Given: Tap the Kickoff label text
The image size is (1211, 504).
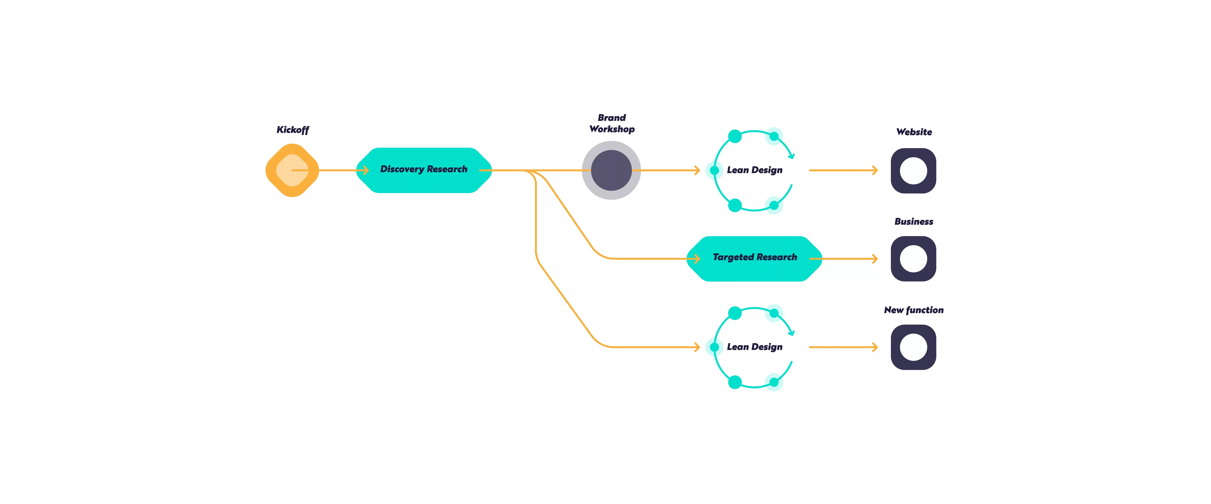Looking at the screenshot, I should pos(292,130).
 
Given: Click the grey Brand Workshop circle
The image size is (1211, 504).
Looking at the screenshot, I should pos(611,170).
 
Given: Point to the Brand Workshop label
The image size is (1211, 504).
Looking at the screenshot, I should pos(612,123).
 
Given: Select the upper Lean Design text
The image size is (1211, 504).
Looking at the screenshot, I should pos(755,170).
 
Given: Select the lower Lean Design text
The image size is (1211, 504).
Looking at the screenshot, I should pos(755,347).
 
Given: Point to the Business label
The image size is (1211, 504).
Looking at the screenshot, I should pos(914,221).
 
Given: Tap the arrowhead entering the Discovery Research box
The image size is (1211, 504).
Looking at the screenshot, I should pos(366,170).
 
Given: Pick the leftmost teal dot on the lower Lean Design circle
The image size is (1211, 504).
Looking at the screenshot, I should pos(714,347).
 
